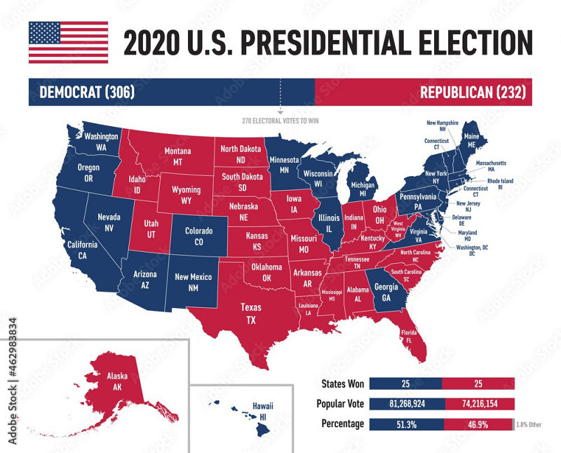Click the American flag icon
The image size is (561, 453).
pos(68,42)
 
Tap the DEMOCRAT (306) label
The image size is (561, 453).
pos(87,93)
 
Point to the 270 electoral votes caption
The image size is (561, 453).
pos(280,120)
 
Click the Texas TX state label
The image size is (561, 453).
pos(250,313)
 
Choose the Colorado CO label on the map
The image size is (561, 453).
pos(198,236)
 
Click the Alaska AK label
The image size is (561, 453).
pos(117,381)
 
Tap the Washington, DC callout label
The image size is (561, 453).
pos(471,250)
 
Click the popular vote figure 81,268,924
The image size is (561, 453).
pos(405,404)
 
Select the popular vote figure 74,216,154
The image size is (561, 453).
pos(478,404)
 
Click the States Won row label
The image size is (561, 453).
pos(342,384)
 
